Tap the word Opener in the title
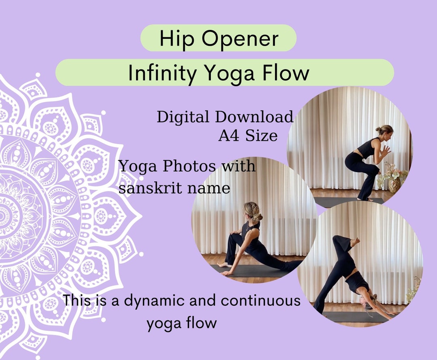[240, 38]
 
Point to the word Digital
[183, 117]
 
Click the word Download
[254, 117]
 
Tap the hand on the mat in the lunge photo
[227, 273]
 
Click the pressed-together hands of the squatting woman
[385, 151]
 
